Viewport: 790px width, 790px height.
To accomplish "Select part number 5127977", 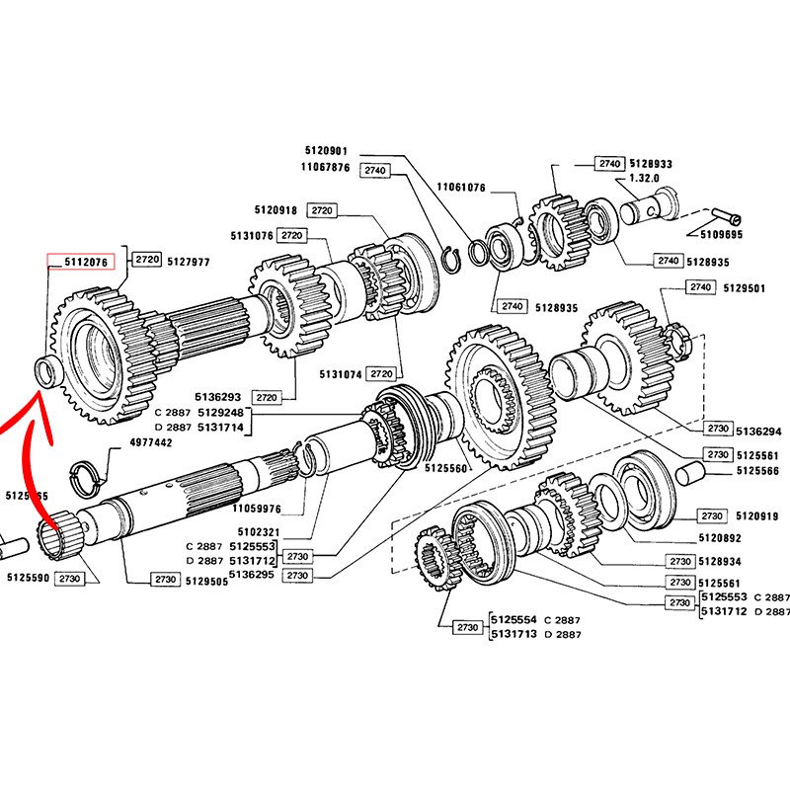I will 189,261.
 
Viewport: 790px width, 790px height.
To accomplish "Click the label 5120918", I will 276,210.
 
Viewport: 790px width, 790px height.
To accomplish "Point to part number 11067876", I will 327,168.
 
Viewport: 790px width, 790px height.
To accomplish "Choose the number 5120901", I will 327,151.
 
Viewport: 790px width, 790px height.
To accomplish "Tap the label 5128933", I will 650,164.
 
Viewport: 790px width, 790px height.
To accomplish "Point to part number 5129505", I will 205,582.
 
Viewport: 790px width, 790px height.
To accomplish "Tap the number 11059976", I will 257,510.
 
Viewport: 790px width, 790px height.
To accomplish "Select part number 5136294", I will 758,431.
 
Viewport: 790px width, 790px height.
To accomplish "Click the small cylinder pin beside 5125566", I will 699,472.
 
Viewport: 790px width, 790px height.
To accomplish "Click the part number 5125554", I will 513,620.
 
